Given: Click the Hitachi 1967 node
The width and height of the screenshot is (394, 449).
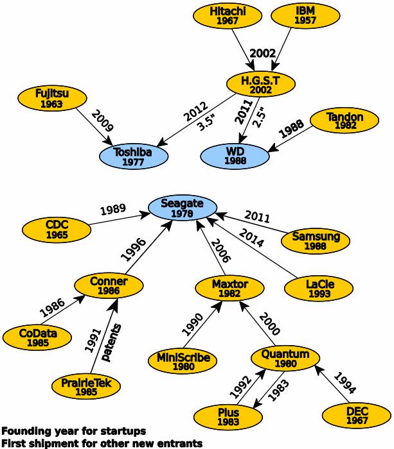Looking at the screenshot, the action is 228,16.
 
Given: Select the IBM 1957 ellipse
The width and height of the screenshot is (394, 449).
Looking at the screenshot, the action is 305,15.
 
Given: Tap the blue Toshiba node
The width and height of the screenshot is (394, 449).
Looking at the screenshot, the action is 134,157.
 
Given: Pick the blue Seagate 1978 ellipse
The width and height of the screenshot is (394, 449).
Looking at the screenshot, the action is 183,208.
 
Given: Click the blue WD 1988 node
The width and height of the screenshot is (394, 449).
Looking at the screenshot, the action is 235,156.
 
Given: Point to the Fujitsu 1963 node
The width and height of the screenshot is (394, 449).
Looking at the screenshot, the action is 52,98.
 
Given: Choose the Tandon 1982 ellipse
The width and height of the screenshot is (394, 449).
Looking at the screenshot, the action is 345,121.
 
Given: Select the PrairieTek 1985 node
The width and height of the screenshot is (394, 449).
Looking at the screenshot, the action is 86,386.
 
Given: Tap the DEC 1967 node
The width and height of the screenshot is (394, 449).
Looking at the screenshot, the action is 357,416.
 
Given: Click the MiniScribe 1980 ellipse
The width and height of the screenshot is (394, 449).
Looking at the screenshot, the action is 183,361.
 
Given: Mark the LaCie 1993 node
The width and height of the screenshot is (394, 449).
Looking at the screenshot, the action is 319,289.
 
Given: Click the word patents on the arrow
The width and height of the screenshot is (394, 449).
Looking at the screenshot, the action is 111,343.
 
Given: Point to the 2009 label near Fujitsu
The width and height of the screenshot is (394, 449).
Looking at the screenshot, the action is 102,121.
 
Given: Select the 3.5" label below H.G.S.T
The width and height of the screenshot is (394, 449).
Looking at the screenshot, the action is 206,123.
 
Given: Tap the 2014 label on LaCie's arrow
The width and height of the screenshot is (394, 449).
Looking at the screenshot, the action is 251,238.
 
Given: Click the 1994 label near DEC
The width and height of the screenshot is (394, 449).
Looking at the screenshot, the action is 345,382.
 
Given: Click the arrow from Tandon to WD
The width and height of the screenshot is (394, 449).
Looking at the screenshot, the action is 290,139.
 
